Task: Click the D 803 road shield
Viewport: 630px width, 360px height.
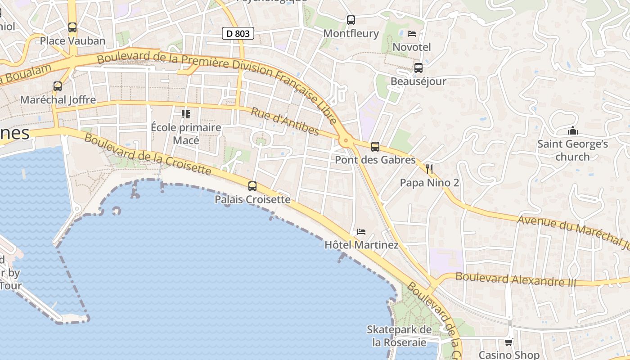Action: (238, 33)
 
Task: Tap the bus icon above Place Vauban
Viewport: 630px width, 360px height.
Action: (72, 27)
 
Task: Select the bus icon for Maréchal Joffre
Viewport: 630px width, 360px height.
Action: (58, 86)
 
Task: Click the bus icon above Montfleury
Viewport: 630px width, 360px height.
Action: (351, 20)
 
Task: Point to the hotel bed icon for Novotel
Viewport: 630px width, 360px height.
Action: (411, 33)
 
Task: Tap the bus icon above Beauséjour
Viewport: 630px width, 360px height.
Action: (418, 68)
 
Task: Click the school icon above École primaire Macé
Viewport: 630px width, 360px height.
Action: (185, 114)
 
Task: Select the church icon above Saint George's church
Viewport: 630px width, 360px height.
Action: (572, 130)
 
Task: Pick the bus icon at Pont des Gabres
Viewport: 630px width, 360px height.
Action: (375, 146)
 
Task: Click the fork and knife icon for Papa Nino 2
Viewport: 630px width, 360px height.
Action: (429, 169)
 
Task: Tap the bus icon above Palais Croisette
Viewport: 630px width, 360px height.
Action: (252, 186)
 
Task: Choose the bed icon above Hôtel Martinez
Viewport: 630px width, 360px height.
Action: (361, 232)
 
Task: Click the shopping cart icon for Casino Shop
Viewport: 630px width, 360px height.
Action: (508, 342)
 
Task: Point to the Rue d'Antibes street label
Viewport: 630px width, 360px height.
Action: (285, 121)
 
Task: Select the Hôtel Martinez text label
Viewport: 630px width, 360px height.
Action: (361, 245)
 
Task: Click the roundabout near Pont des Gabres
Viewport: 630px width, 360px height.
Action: (346, 141)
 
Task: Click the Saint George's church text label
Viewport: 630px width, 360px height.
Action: (572, 150)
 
